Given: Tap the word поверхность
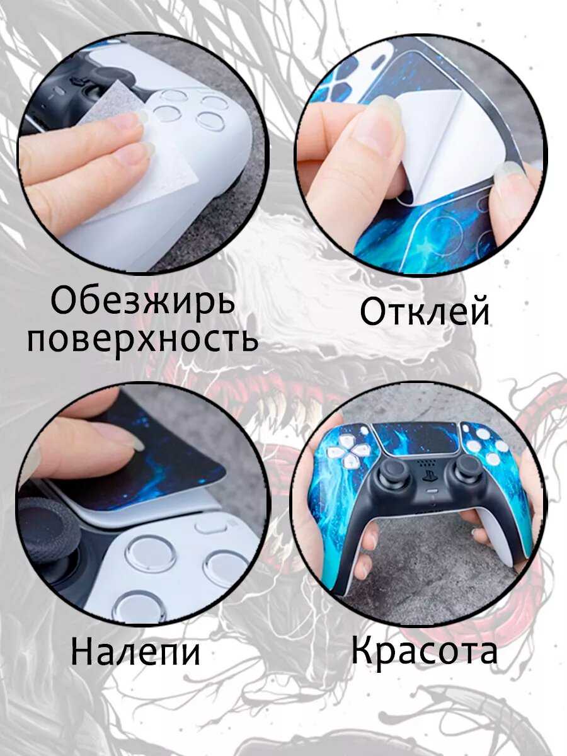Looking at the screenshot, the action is (142, 338).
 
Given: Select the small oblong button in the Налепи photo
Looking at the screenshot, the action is (210, 525).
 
